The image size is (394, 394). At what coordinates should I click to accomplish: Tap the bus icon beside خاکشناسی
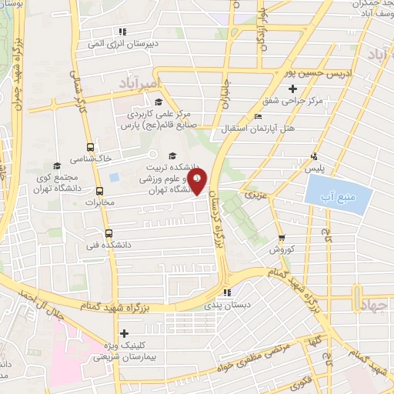click(x=91, y=147)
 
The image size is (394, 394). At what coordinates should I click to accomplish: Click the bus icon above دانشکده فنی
click(x=108, y=233)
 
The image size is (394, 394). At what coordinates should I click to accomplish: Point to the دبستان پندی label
click(x=224, y=306)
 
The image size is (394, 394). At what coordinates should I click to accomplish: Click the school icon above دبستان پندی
click(x=225, y=292)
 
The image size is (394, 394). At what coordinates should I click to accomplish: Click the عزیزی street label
click(x=254, y=196)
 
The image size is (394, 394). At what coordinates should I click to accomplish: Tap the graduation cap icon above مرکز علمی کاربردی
click(x=158, y=102)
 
